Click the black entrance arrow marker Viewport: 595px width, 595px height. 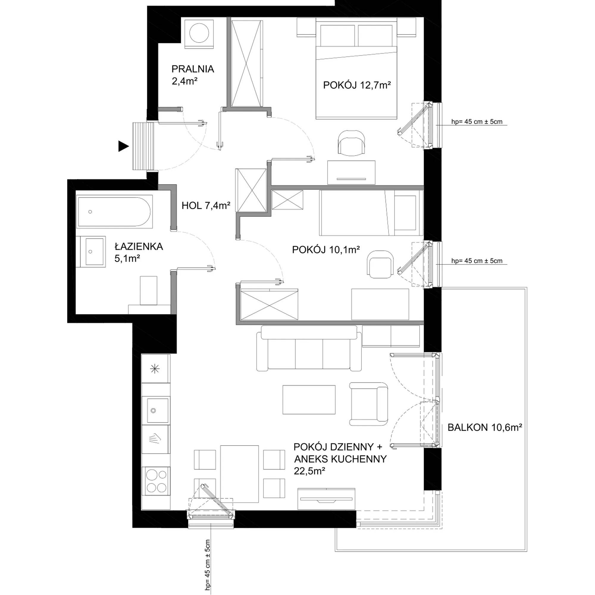[123, 146]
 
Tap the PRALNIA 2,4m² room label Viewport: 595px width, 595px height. [193, 75]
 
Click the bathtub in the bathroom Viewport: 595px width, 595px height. [114, 212]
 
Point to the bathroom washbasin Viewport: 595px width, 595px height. [91, 251]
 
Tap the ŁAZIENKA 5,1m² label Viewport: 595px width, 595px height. [139, 252]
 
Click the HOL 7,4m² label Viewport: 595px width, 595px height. [206, 205]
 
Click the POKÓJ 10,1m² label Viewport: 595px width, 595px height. [326, 250]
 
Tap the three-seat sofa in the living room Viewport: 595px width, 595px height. [309, 348]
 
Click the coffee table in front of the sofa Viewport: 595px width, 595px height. [309, 400]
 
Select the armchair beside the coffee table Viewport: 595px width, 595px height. [369, 404]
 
